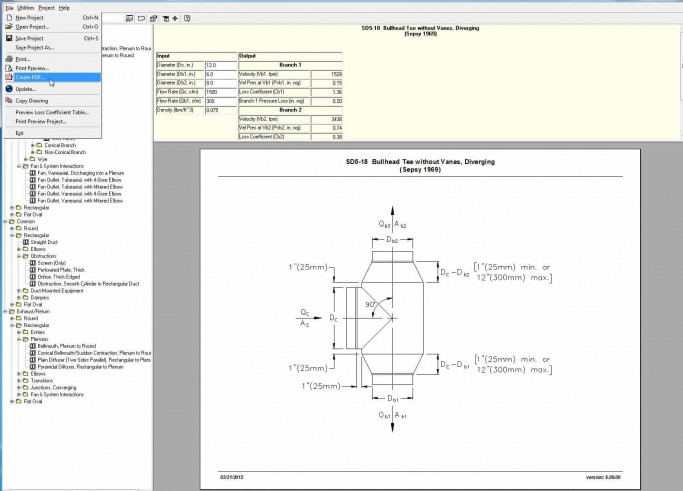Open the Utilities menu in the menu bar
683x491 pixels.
tap(25, 6)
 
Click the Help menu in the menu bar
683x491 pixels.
tap(64, 6)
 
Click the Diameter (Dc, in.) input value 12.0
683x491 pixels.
tap(211, 64)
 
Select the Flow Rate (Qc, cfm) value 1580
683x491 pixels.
tap(212, 91)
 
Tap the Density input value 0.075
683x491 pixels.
tap(213, 109)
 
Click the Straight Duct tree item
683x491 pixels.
tap(50, 241)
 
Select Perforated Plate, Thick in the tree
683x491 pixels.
tap(64, 270)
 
